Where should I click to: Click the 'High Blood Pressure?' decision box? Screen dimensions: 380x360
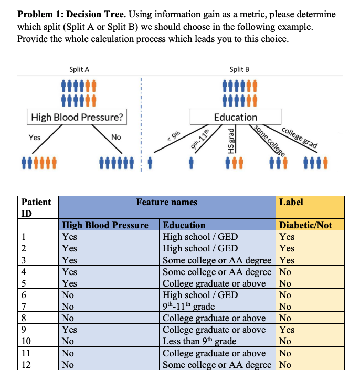pyautogui.click(x=77, y=117)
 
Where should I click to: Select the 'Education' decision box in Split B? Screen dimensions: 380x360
pyautogui.click(x=236, y=117)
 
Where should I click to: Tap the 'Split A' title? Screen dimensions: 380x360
pyautogui.click(x=79, y=69)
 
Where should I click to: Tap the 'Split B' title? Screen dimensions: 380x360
pyautogui.click(x=239, y=69)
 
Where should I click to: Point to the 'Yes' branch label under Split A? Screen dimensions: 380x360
pyautogui.click(x=35, y=137)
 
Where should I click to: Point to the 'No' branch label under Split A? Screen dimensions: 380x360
pyautogui.click(x=117, y=137)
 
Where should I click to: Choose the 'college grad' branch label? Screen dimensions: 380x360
pyautogui.click(x=299, y=138)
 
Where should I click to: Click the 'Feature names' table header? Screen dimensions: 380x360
pyautogui.click(x=166, y=202)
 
